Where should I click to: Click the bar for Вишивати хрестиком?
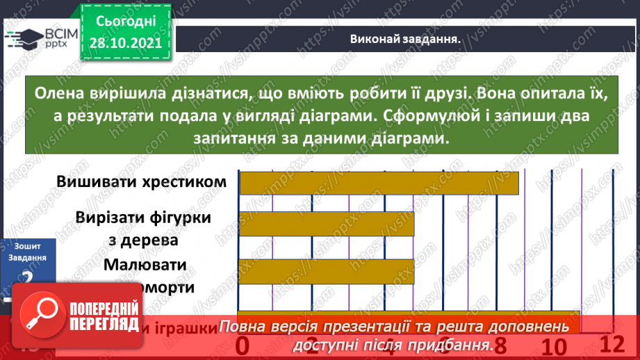click(x=379, y=183)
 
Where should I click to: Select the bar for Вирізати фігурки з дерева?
click(x=327, y=224)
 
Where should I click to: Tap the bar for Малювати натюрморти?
click(x=327, y=271)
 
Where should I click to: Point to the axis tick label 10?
click(x=555, y=347)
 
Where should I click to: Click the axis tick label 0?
click(x=243, y=345)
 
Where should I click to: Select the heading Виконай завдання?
click(x=406, y=40)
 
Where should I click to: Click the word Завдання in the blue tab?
click(x=28, y=257)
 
